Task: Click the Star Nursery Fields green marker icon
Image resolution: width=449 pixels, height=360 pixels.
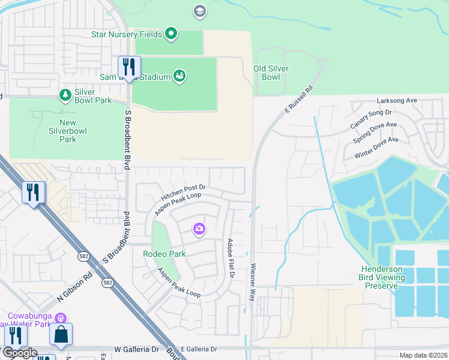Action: point(171,34)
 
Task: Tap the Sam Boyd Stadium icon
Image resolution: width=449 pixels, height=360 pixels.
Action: point(179,76)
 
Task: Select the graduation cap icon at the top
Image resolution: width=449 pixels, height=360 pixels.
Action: point(199,11)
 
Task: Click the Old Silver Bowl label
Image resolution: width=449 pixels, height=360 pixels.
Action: point(271,73)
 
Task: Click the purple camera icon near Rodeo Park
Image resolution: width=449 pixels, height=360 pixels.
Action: point(199,229)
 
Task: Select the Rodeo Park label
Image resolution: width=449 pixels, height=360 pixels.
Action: point(164,254)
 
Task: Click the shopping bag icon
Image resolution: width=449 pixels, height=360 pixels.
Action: point(61,335)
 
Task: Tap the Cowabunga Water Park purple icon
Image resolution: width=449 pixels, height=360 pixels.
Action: point(59,317)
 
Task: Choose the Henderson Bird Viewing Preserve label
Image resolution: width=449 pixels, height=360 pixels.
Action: point(388,277)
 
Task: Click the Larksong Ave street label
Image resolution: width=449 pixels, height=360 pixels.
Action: point(397,101)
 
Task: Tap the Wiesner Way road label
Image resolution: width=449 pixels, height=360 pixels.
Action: point(253,281)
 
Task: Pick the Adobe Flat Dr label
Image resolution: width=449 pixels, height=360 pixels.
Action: point(231,259)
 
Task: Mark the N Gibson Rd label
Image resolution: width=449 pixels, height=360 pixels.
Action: point(76,284)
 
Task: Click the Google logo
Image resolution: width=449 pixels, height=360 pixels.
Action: point(19,353)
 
